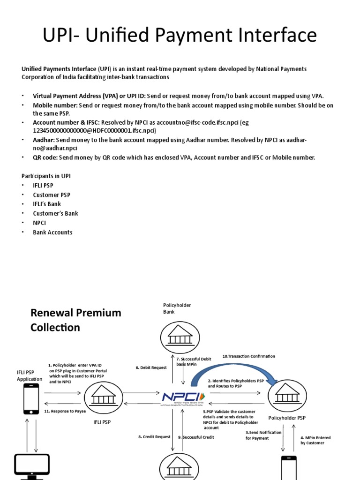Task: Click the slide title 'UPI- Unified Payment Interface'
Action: pyautogui.click(x=180, y=36)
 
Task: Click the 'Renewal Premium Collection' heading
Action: pyautogui.click(x=75, y=320)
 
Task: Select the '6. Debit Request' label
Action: pyautogui.click(x=151, y=367)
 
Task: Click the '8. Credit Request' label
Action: pyautogui.click(x=154, y=437)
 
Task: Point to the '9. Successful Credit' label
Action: pyautogui.click(x=196, y=437)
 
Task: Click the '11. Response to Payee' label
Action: pyautogui.click(x=65, y=411)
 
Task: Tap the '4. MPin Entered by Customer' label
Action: pyautogui.click(x=315, y=440)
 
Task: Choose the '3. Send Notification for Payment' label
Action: pyautogui.click(x=263, y=435)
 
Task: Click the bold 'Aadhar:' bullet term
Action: pyautogui.click(x=44, y=140)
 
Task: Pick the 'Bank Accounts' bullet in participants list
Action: pyautogui.click(x=52, y=232)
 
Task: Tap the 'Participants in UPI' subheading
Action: pyautogui.click(x=46, y=176)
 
